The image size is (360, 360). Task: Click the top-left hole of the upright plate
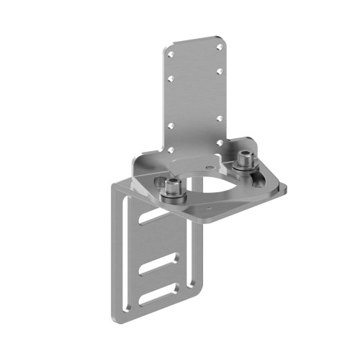171,53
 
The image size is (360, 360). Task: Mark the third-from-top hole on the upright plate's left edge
171,125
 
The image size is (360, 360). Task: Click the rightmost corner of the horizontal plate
288,189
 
